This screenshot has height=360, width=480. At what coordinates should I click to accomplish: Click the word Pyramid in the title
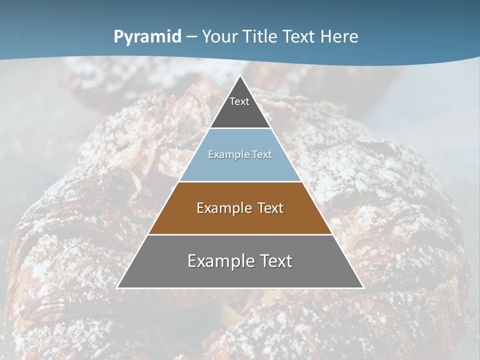click(147, 37)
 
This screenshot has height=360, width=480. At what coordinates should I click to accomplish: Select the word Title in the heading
click(260, 37)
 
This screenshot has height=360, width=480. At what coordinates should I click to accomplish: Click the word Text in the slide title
click(299, 37)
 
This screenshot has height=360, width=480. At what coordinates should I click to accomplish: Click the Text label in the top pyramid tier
click(239, 101)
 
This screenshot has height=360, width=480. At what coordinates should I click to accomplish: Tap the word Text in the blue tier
click(262, 155)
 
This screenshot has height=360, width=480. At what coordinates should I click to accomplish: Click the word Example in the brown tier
click(222, 208)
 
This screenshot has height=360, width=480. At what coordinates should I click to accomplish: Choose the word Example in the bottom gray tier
click(220, 261)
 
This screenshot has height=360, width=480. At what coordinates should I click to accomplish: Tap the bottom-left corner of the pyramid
click(117, 288)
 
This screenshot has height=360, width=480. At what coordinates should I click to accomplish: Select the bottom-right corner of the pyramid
click(363, 288)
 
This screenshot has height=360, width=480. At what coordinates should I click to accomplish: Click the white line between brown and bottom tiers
click(240, 234)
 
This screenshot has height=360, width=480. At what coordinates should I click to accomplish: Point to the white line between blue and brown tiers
click(240, 181)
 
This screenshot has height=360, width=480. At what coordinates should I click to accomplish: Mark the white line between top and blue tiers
click(240, 128)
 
